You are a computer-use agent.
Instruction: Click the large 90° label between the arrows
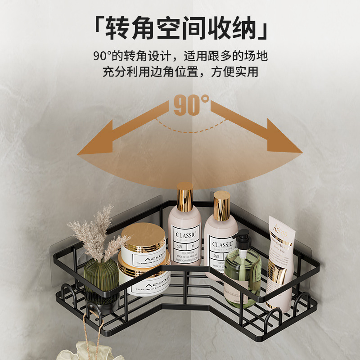191,104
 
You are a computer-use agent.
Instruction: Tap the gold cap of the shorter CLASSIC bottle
221,206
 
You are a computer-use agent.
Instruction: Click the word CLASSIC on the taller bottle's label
185,235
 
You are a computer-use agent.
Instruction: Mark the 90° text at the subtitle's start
103,56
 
